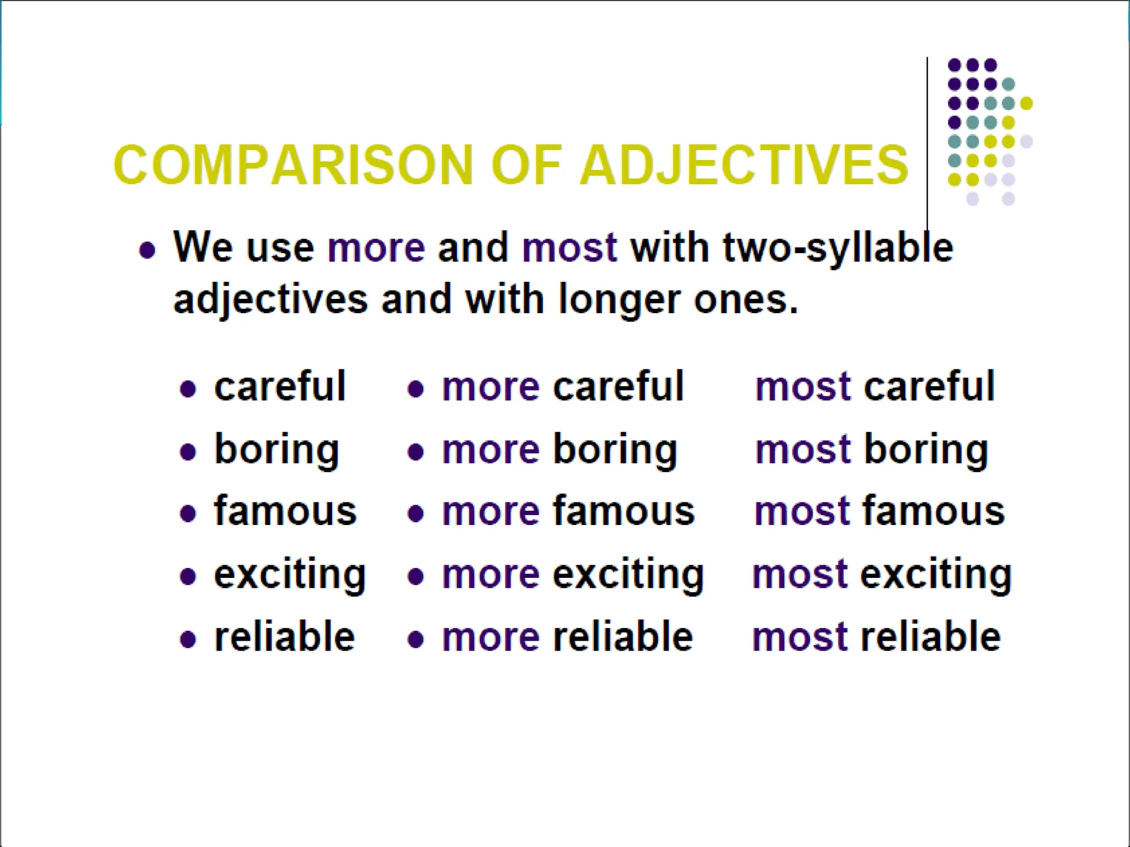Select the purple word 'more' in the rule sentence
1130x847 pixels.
point(376,248)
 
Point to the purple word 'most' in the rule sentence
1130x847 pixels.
point(569,248)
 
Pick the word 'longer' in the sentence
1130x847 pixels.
point(620,299)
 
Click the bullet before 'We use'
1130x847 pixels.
point(147,251)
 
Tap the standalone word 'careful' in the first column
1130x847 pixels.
point(280,386)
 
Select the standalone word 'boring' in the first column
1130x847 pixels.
point(276,450)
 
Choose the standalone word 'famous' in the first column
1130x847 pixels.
point(285,511)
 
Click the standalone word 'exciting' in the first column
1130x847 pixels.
point(290,575)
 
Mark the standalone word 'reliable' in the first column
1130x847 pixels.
point(284,637)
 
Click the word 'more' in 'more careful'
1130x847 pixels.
point(491,387)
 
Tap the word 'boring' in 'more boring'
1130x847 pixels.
point(615,450)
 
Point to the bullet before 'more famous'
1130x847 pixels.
point(415,514)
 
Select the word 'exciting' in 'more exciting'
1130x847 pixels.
point(628,575)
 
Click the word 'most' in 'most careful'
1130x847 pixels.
point(803,387)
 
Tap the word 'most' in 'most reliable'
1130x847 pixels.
point(799,637)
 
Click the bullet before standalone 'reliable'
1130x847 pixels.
point(188,640)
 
